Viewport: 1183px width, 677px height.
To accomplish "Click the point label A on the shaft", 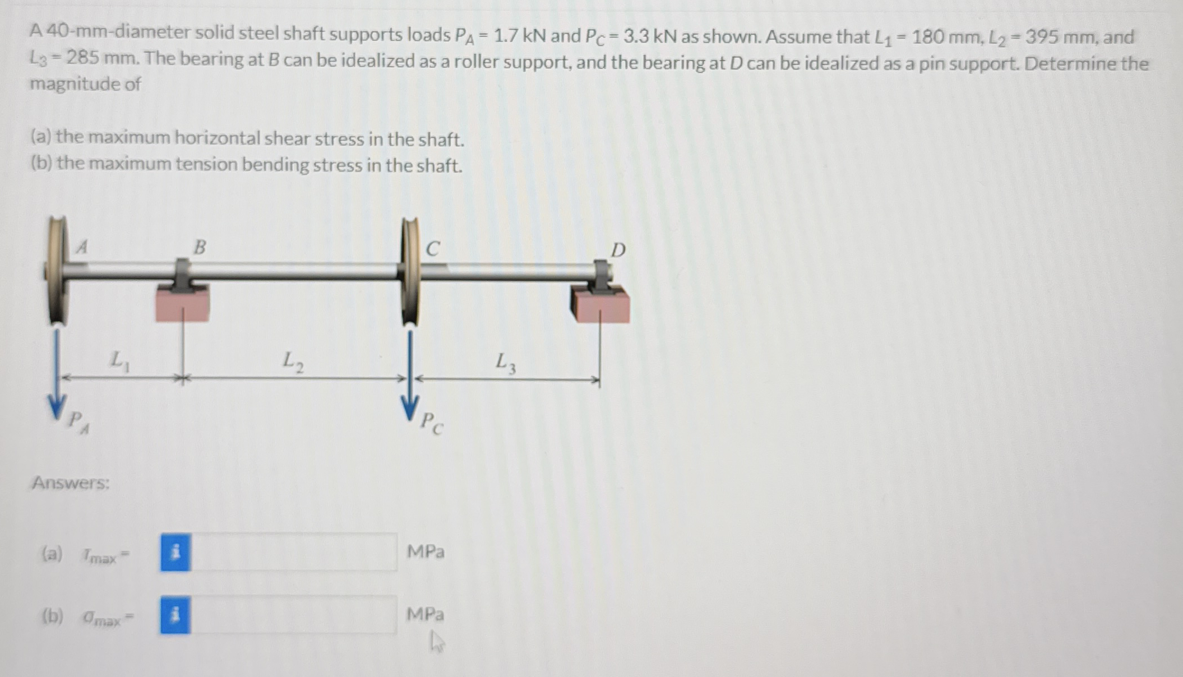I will (x=82, y=247).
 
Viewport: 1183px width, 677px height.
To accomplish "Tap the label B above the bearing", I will (x=200, y=247).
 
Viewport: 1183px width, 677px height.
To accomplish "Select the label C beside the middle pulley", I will (x=433, y=248).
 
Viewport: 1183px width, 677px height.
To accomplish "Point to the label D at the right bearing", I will (x=617, y=250).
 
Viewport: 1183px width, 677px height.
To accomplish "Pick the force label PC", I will (x=432, y=423).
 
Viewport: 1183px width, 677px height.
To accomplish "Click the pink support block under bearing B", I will (x=182, y=305).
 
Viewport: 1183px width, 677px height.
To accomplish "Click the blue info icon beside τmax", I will (x=175, y=553).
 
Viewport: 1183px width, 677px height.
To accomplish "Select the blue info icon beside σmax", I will (x=175, y=615).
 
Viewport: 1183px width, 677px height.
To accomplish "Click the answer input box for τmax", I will (x=294, y=553).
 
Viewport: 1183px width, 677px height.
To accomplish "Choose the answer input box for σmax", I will (x=294, y=615).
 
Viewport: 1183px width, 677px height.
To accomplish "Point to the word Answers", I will (x=71, y=483).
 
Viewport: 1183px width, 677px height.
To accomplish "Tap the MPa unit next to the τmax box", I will (x=426, y=552).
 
